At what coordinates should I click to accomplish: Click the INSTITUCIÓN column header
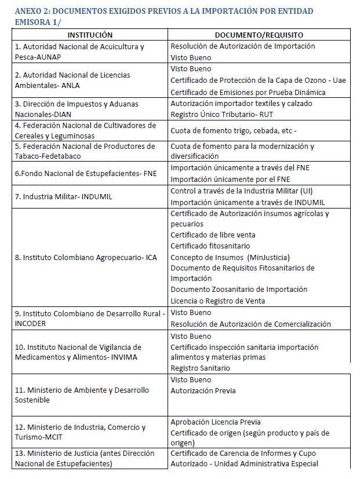click(x=89, y=35)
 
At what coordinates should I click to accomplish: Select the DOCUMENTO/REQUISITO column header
click(x=259, y=35)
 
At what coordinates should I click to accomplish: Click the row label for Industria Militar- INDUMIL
click(x=63, y=197)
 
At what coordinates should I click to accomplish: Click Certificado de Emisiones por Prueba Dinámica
click(x=248, y=92)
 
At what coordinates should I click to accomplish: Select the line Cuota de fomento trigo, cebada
click(x=233, y=131)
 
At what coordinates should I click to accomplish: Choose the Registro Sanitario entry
click(x=200, y=368)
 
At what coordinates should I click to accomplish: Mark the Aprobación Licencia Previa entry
click(x=215, y=422)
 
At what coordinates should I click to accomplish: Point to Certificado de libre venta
click(x=213, y=235)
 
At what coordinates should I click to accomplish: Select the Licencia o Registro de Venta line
click(x=217, y=301)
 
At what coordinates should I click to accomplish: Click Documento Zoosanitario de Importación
click(x=239, y=290)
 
